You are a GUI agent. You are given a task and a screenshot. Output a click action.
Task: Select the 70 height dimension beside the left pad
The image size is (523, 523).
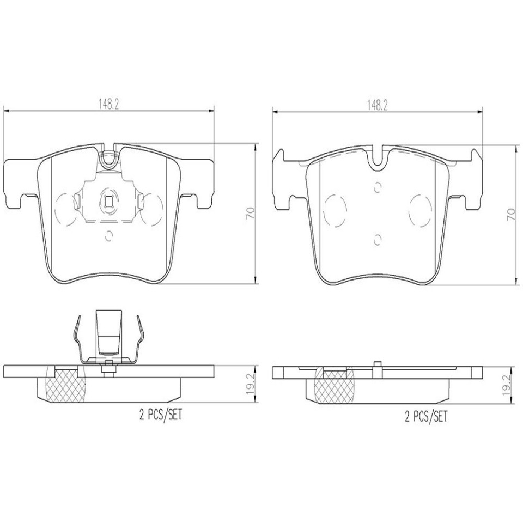tap(250, 213)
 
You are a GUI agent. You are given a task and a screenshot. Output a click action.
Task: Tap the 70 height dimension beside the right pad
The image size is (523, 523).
tap(510, 213)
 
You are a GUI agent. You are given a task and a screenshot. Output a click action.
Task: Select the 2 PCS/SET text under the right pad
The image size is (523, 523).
tap(425, 417)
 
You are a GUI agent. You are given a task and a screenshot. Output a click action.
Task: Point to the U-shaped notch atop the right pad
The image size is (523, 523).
tap(376, 158)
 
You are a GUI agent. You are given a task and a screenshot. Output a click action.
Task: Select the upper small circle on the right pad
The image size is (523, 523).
tap(376, 188)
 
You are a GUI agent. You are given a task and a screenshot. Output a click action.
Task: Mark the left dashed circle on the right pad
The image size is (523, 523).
tap(335, 210)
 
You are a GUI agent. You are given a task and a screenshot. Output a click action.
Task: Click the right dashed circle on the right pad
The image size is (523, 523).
tap(421, 209)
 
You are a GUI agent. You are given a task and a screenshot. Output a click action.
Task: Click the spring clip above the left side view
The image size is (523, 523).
tap(109, 340)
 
